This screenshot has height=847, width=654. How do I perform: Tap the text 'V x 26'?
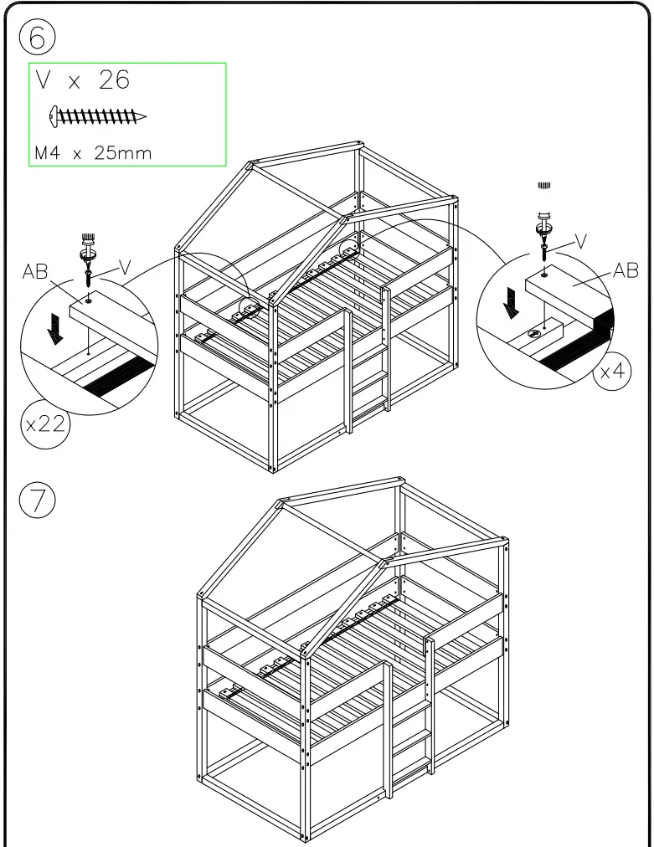coord(82,80)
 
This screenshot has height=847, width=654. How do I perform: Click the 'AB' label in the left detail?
coord(35,275)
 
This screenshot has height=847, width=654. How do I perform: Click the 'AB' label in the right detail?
coord(626,270)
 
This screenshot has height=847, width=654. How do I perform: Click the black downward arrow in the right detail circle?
coord(510,303)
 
